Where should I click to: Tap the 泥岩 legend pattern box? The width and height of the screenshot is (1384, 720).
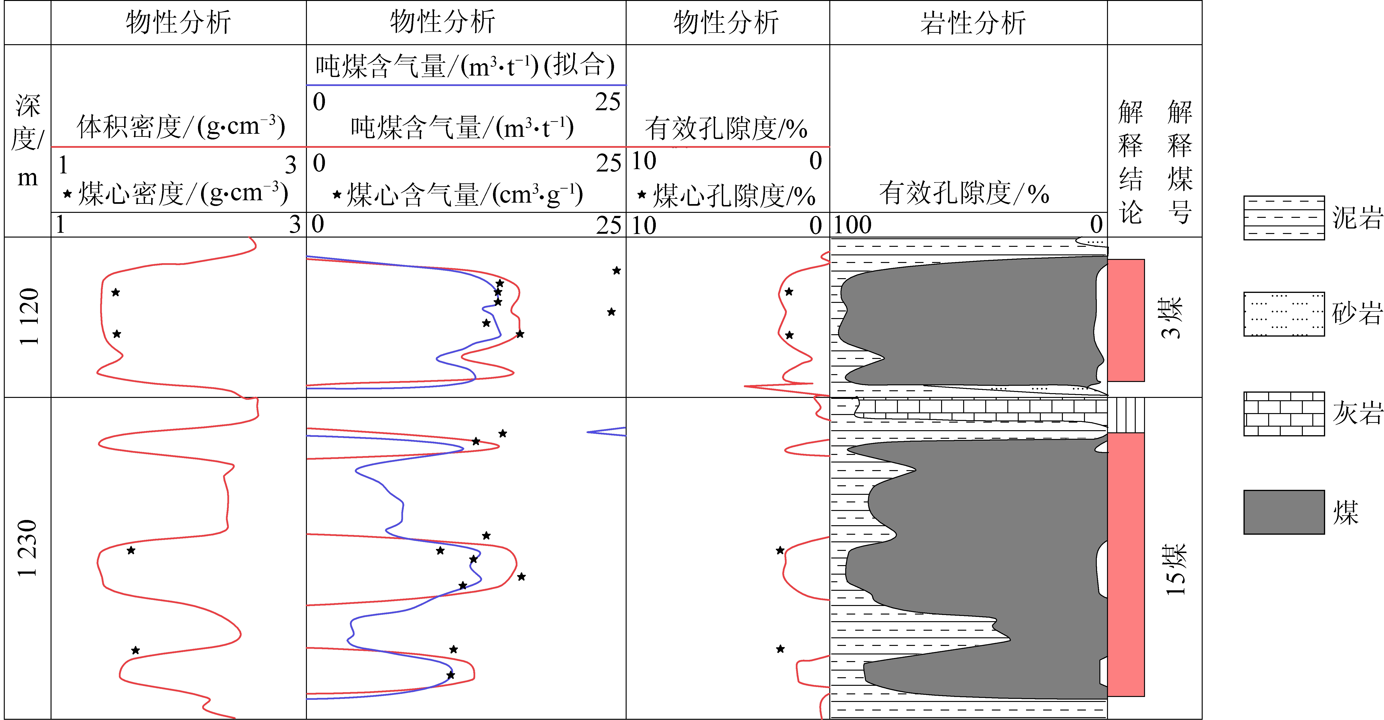click(1284, 218)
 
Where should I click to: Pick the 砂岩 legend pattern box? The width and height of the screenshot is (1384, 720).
click(1284, 314)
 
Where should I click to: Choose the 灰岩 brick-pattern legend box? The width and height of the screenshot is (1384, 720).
click(1284, 414)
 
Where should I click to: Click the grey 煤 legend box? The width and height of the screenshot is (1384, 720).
click(1284, 512)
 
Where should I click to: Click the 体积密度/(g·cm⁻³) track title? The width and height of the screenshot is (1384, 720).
click(181, 127)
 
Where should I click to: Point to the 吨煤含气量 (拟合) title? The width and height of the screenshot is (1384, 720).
click(465, 66)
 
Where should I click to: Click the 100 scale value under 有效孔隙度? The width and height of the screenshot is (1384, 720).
click(853, 225)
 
